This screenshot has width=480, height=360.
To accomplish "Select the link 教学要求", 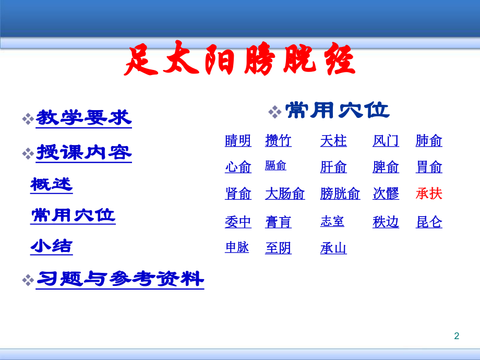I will coord(83,118).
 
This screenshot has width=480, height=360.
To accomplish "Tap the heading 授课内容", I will coord(83,152).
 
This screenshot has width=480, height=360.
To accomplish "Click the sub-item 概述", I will coord(51,184).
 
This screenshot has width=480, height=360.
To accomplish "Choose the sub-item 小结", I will coord(51,246).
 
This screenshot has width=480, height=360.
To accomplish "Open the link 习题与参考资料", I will coord(120,279).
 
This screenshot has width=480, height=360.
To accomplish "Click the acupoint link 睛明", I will coord(238,141).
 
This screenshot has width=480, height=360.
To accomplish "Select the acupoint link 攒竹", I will coord(278,141).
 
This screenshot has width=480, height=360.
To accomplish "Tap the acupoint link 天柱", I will coord(333,141).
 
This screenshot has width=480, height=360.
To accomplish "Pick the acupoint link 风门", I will coord(386,141).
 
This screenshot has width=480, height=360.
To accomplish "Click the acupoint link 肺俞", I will coord(429,141).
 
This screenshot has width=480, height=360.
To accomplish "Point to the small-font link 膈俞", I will coord(275,166).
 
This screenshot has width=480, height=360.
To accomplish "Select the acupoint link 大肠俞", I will coord(285,194).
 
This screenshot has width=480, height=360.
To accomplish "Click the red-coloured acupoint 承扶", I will coord(429,194).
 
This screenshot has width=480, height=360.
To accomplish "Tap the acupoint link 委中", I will coord(238,222).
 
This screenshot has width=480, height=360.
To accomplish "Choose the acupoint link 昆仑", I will coord(429,222).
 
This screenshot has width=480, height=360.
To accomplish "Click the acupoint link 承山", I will coord(333,249).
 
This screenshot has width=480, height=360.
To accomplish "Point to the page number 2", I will coord(457,336).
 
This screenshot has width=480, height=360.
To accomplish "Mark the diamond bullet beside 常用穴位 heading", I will coord(274,111).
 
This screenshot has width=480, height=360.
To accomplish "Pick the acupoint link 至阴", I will coord(278,249).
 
